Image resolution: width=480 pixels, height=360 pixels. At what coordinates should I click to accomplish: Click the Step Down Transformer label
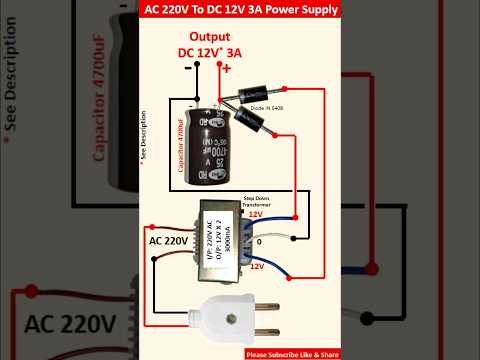[277, 204]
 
